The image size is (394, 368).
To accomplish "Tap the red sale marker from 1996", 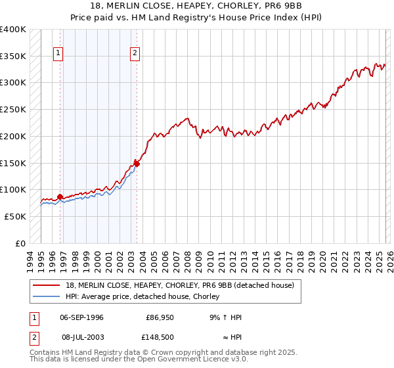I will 60,196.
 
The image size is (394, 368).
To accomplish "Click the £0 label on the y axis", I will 20,243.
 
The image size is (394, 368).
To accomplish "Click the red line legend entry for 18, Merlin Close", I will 184,285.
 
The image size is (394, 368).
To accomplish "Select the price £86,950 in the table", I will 160,317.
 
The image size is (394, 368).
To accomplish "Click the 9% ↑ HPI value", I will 225,317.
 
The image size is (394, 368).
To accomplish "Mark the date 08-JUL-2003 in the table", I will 81,336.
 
